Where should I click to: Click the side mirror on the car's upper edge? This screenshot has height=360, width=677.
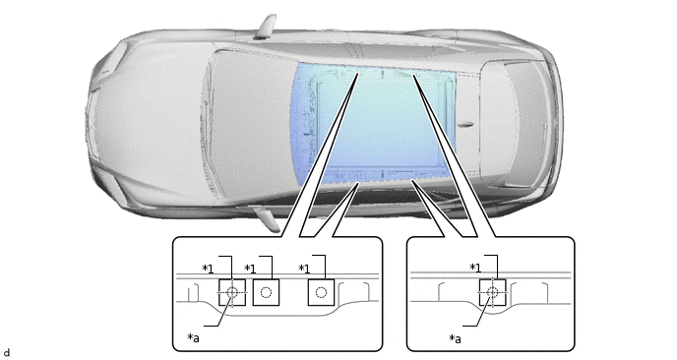tap(267, 27)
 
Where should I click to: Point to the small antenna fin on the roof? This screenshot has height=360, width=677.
tap(465, 125)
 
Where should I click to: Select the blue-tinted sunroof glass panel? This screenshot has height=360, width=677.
tap(375, 124)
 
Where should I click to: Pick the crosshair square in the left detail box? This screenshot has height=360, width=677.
tap(232, 292)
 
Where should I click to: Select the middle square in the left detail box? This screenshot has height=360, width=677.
tap(266, 292)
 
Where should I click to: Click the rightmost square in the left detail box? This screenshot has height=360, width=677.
tap(321, 292)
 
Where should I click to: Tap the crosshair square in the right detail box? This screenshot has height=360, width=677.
tap(492, 292)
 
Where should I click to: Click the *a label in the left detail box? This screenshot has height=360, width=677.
tap(193, 337)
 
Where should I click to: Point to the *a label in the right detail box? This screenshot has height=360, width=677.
tap(455, 338)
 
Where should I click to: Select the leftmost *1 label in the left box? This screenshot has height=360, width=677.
tap(208, 269)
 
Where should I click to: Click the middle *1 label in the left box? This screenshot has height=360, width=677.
tap(250, 269)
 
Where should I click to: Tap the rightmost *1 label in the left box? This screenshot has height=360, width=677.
tap(304, 269)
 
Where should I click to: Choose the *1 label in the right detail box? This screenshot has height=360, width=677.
tap(475, 268)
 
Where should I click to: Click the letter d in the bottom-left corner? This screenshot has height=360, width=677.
tap(7, 353)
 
